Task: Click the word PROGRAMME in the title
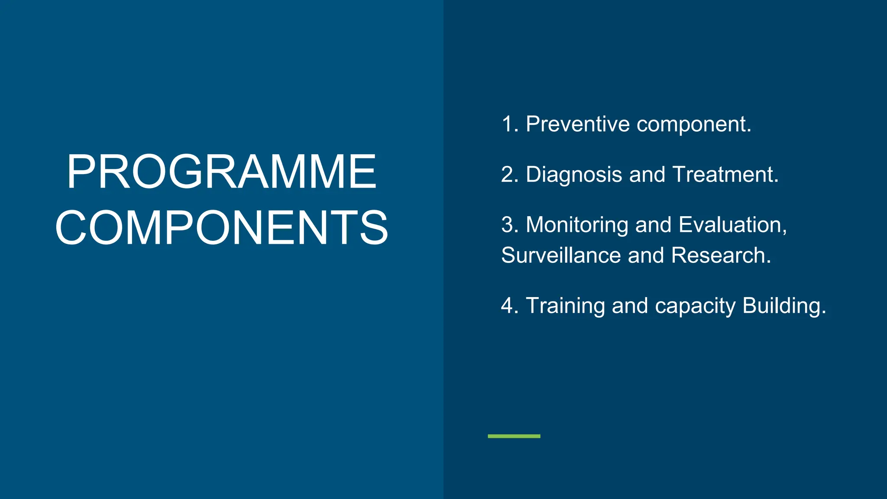coord(221,172)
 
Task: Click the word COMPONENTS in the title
coord(221,228)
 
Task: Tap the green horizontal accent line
coord(514,436)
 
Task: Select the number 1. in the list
coord(510,124)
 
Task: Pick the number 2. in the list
coord(510,175)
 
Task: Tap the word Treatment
coord(725,175)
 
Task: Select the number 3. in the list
coord(510,225)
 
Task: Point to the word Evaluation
coord(732,225)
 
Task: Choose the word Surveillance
coord(561,255)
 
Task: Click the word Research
coord(721,255)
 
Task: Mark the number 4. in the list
coord(510,306)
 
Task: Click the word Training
coord(565,306)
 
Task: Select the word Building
coord(784,306)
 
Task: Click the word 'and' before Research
coord(646,255)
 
